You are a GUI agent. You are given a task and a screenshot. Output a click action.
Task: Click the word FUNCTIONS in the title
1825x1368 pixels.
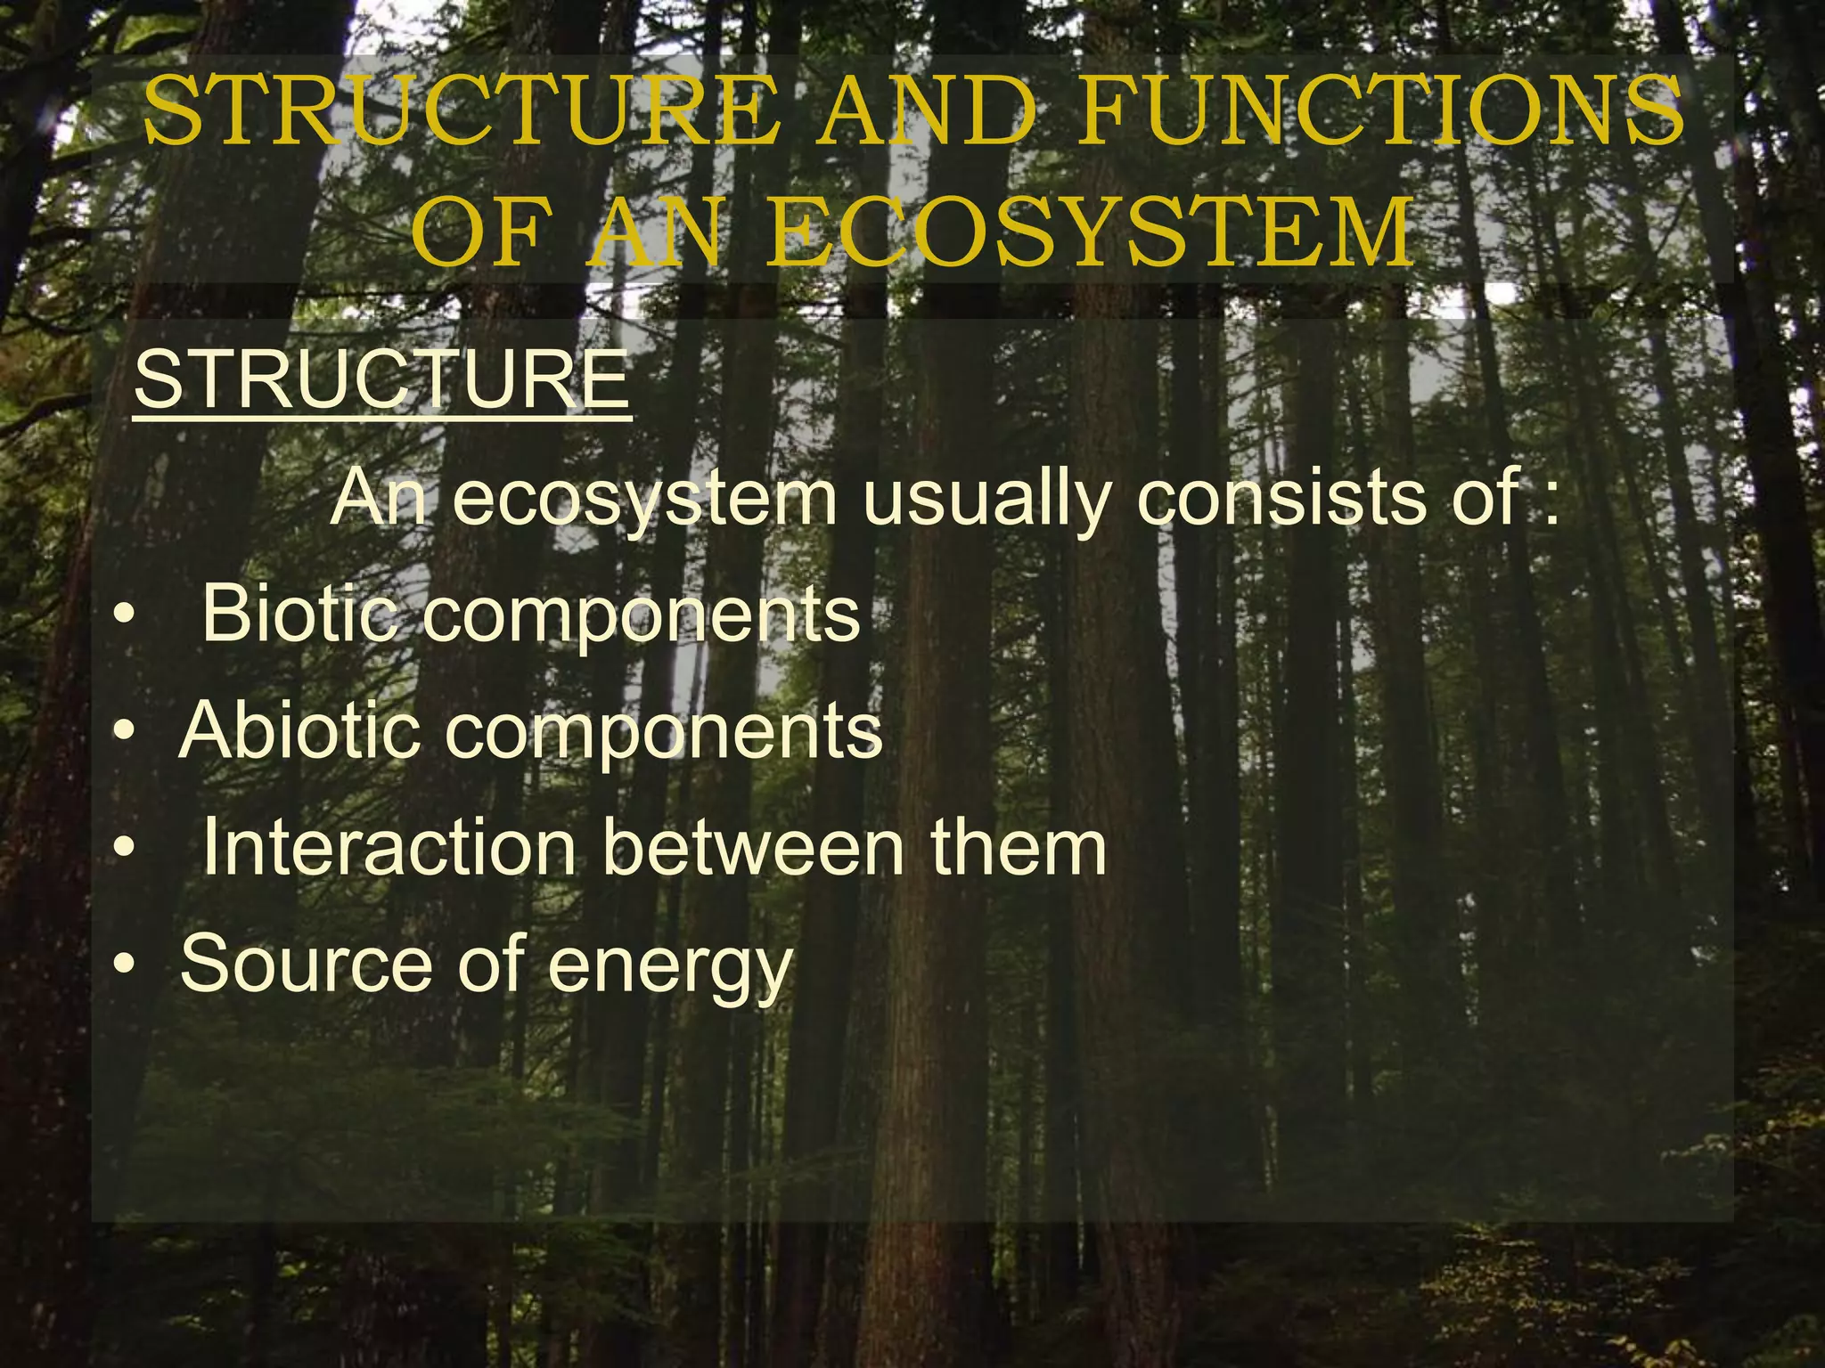[x=1380, y=112]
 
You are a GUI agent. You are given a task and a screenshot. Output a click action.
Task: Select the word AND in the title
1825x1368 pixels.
[x=927, y=112]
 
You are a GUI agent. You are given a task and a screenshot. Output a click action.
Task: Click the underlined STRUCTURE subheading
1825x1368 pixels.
[x=382, y=380]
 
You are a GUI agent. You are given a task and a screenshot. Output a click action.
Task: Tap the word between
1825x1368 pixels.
[x=753, y=847]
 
